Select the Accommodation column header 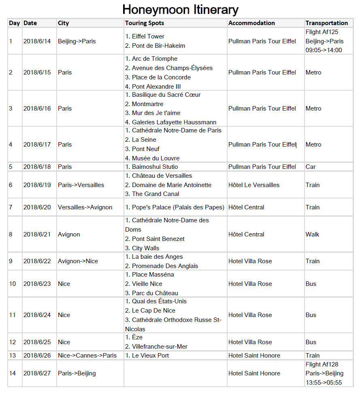coord(251,23)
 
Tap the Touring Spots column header coord(145,23)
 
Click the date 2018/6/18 coord(37,167)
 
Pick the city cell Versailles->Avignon coord(85,207)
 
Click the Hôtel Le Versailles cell coord(254,185)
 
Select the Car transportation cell coord(311,167)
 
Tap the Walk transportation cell coord(312,234)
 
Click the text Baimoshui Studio coord(155,167)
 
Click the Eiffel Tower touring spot coord(148,36)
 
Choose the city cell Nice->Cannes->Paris coord(87,356)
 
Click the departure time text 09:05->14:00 coord(324,50)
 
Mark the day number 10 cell coord(13,284)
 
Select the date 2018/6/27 coord(37,373)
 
